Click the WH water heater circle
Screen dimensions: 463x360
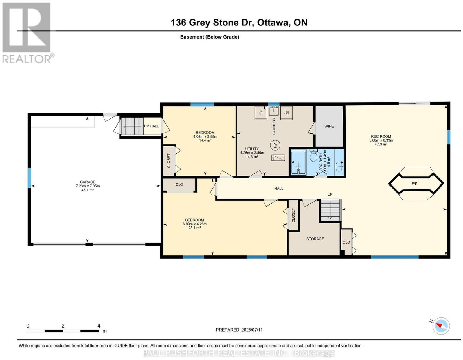[x=275, y=146]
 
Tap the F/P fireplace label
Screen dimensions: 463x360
[x=414, y=184]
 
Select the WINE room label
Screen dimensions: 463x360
[x=329, y=126]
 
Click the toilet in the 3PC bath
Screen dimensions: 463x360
[x=313, y=156]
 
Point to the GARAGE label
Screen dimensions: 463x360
[x=88, y=182]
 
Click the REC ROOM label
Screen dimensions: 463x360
[x=381, y=136]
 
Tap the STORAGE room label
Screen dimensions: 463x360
[x=315, y=239]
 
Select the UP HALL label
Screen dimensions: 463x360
[x=151, y=126]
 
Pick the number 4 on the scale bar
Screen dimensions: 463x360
[x=98, y=326]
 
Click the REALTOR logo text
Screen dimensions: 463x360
[x=27, y=59]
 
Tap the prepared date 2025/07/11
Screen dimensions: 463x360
[x=252, y=330]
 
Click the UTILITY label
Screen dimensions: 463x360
[x=252, y=149]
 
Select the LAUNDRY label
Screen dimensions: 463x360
[x=274, y=126]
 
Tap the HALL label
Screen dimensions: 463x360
[x=279, y=189]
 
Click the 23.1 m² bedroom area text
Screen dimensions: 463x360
[x=194, y=228]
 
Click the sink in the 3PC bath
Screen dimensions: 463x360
[x=339, y=167]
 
